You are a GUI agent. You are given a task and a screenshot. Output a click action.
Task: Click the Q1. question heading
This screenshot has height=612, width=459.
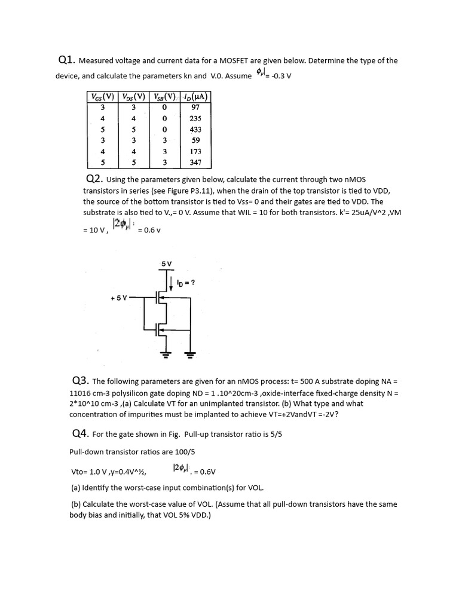tap(66, 60)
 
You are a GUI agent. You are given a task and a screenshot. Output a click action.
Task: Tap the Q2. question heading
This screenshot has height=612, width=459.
tap(95, 179)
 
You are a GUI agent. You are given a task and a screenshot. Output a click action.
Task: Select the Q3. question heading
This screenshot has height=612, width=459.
tap(81, 381)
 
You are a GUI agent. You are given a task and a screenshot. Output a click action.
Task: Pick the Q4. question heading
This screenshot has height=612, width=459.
tap(81, 433)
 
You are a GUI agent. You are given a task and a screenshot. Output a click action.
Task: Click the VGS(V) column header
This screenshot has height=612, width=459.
tap(102, 97)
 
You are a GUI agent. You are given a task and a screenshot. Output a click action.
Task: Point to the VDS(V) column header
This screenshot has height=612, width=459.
tap(134, 97)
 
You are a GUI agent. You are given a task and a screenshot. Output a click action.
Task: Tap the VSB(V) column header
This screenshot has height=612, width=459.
tap(164, 97)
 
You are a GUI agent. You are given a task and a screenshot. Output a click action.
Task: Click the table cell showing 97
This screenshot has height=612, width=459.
tap(195, 108)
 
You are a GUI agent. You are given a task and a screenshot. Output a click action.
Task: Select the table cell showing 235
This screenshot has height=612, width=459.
tap(195, 118)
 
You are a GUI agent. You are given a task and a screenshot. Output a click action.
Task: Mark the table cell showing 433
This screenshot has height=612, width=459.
tap(195, 129)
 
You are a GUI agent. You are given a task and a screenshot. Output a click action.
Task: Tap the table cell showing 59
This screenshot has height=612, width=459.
tap(195, 140)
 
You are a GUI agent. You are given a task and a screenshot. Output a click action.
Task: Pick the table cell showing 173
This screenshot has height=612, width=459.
tap(195, 151)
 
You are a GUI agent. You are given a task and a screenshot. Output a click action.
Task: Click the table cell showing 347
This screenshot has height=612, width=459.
tap(195, 162)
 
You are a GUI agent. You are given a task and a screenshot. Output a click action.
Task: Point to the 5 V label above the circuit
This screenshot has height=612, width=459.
tap(166, 264)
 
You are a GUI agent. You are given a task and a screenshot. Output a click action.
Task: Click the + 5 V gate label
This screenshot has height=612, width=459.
tap(120, 297)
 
